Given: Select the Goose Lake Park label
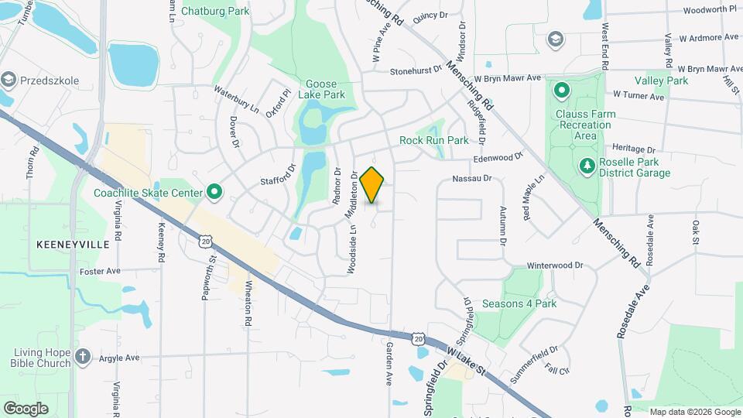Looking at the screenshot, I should tap(324, 89).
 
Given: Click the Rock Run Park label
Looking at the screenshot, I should tap(434, 141).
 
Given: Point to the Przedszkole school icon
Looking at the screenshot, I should tap(9, 79).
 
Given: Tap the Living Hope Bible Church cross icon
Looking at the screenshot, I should tap(84, 357).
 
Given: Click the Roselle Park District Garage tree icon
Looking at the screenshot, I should tap(587, 166).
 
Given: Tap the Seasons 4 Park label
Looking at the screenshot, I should tap(519, 303).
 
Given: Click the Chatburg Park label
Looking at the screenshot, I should tap(214, 12).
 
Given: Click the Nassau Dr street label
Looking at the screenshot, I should tap(472, 179).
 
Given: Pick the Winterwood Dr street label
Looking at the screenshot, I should tap(555, 266).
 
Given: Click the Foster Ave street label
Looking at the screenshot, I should tap(100, 272).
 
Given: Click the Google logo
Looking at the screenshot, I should tap(26, 409).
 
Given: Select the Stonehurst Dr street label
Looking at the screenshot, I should tap(416, 70).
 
